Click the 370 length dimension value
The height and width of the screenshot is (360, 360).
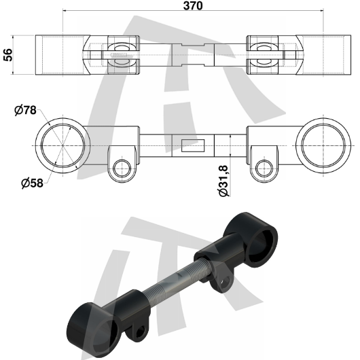point(193,5)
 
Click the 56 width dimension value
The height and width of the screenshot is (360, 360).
point(8,55)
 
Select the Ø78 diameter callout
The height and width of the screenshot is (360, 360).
point(25,111)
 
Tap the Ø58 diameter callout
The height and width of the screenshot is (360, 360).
point(32,183)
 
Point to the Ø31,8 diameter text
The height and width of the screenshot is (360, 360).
point(223,181)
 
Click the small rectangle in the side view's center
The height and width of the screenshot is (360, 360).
point(193,145)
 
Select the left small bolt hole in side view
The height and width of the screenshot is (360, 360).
point(122,168)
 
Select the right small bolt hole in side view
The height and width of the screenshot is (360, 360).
point(264,168)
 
